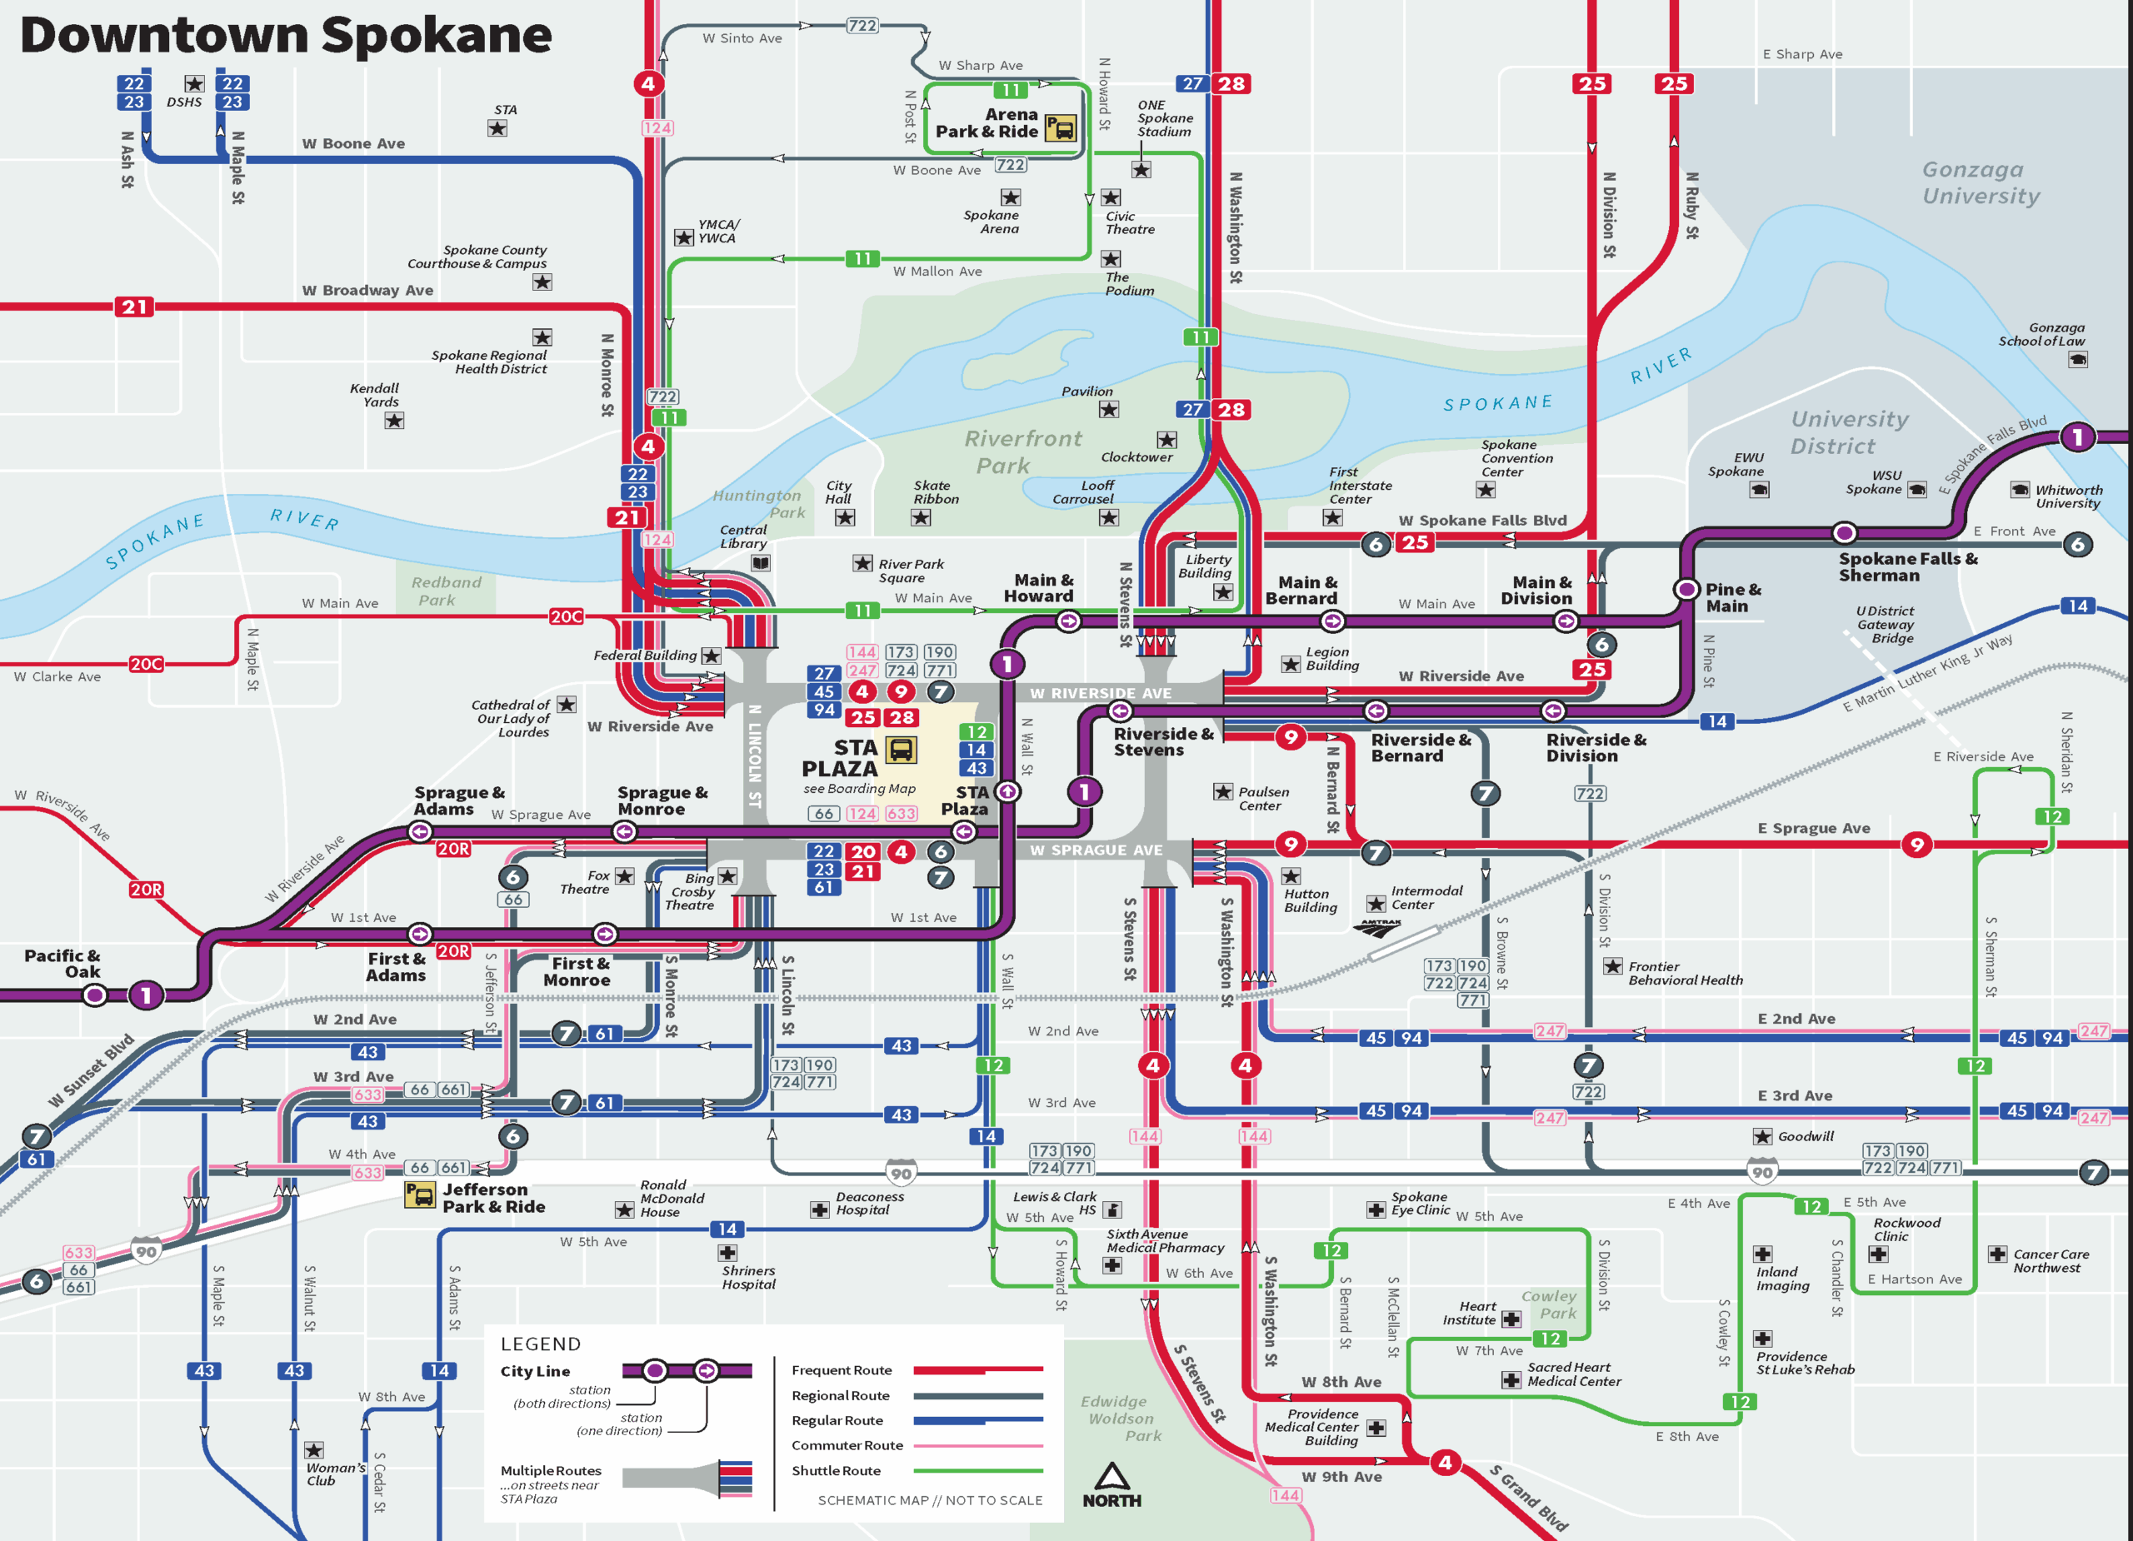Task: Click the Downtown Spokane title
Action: [285, 36]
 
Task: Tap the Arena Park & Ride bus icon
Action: [1061, 128]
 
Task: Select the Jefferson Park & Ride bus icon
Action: [419, 1195]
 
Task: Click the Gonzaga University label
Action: [1981, 182]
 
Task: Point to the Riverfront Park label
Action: [1010, 452]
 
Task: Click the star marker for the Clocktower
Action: [1166, 440]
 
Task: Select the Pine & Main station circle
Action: [1686, 590]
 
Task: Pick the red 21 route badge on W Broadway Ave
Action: [134, 307]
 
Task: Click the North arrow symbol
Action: [1111, 1476]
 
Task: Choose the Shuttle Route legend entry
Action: [836, 1470]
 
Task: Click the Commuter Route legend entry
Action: [847, 1445]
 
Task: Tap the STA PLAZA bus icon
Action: [900, 750]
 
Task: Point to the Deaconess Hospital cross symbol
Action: [819, 1209]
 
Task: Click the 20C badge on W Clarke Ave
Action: [146, 664]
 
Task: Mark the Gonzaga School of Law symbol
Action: [2077, 359]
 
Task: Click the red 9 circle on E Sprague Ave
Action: [1916, 845]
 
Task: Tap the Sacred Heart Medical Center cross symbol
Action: [1511, 1380]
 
